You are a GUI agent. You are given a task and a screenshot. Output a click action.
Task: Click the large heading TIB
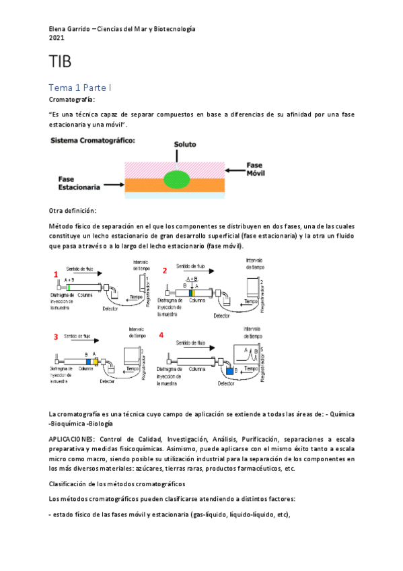tap(61, 63)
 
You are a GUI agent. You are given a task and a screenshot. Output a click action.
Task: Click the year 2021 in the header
tap(57, 38)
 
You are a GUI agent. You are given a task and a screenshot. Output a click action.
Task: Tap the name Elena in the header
tap(61, 29)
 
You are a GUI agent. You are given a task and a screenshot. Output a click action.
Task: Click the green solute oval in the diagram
tap(178, 179)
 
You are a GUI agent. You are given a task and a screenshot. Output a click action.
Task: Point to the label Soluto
tap(186, 145)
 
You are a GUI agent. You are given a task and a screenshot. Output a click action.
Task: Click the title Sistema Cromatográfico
tap(92, 141)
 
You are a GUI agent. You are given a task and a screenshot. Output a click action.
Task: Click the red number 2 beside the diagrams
tap(164, 271)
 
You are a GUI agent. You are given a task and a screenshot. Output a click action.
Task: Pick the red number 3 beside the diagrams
tap(56, 336)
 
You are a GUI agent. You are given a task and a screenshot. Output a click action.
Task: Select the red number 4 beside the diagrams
tap(161, 335)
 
